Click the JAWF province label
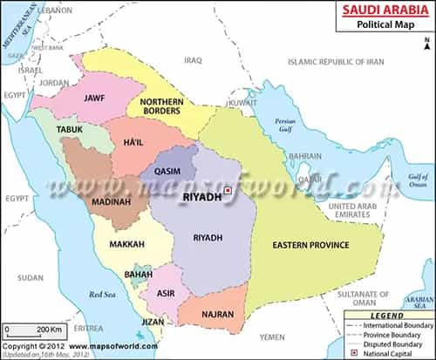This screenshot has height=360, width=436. click(x=93, y=98)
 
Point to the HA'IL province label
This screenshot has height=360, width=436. click(x=134, y=143)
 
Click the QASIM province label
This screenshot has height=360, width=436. click(x=167, y=172)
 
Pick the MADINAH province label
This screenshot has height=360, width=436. click(x=112, y=204)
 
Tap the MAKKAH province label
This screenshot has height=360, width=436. click(x=126, y=245)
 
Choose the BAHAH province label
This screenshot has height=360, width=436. click(x=139, y=275)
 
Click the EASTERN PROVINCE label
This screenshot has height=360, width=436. click(x=310, y=245)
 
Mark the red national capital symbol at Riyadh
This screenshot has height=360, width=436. click(x=228, y=190)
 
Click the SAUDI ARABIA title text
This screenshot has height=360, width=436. click(x=384, y=9)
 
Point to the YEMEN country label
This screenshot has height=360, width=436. click(x=272, y=336)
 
